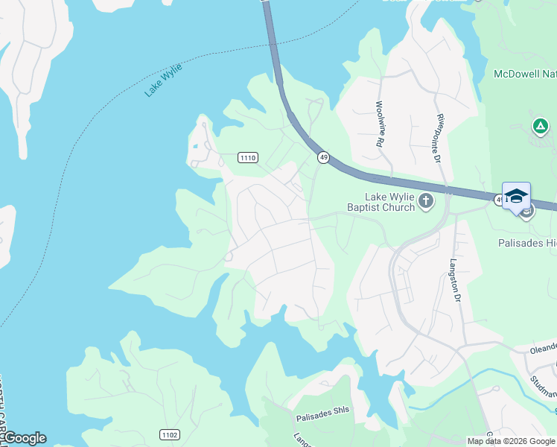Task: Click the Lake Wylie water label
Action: coord(164,80)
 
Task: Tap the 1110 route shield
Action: coord(248,157)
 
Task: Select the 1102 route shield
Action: coord(169,434)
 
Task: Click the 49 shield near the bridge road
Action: coord(322,157)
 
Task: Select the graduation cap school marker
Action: coord(516,196)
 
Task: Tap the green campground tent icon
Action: coord(540,127)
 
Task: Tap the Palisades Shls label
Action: coord(322,419)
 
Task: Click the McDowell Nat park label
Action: coord(525,74)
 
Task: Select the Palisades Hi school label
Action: coord(526,243)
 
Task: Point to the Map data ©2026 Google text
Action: coord(511,441)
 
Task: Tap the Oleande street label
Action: coord(543,348)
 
